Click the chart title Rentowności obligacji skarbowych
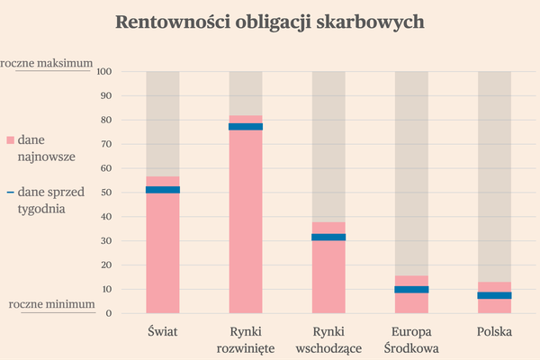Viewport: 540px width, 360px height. pyautogui.click(x=270, y=22)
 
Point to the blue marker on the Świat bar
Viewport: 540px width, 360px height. pyautogui.click(x=163, y=190)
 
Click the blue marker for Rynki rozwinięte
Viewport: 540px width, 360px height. pyautogui.click(x=246, y=127)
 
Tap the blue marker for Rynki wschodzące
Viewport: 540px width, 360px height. pyautogui.click(x=328, y=238)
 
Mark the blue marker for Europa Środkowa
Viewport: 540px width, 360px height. pyautogui.click(x=411, y=290)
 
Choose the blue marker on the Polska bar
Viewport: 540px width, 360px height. pyautogui.click(x=494, y=295)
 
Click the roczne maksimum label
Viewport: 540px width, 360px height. pyautogui.click(x=47, y=63)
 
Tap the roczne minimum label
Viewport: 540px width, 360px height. pyautogui.click(x=51, y=304)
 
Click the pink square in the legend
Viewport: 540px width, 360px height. pyautogui.click(x=11, y=140)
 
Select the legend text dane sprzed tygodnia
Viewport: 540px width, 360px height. pyautogui.click(x=53, y=200)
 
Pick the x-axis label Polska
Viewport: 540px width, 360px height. pyautogui.click(x=494, y=331)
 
